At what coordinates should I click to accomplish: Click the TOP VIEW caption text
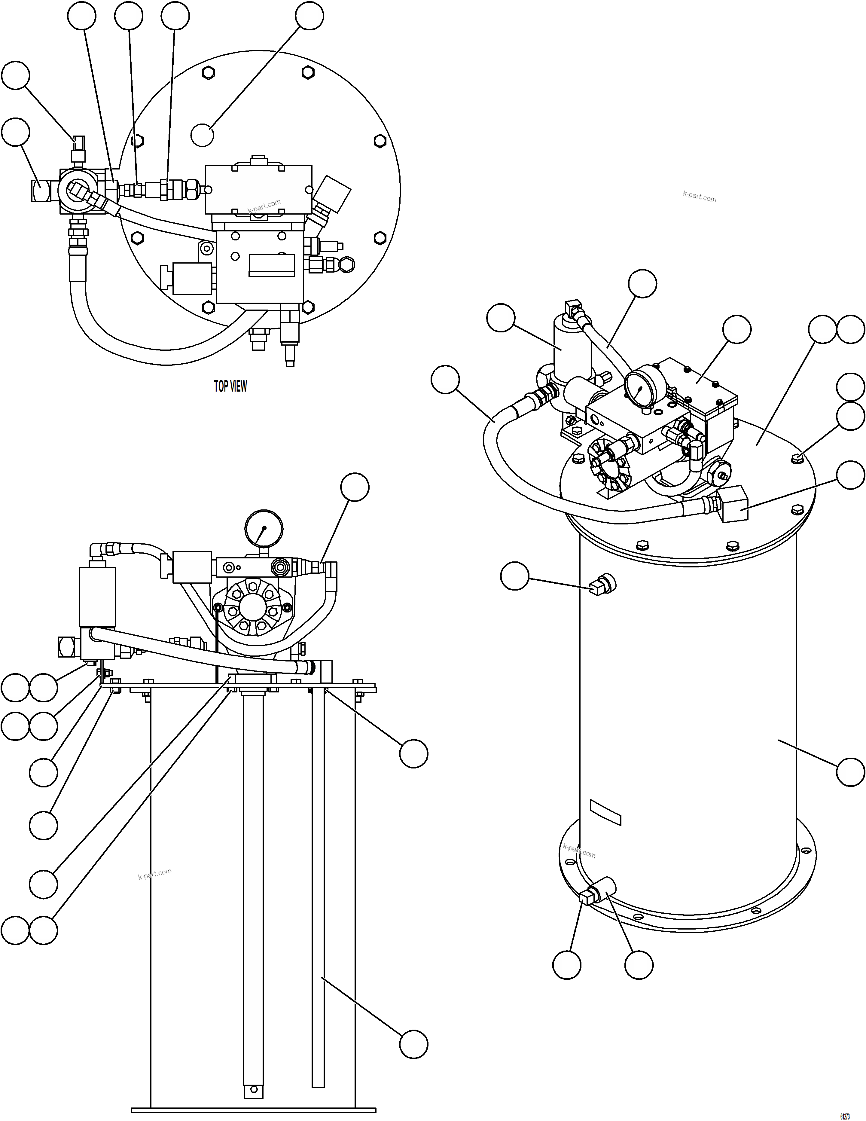click(x=230, y=386)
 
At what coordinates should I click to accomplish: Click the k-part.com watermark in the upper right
click(x=699, y=197)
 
